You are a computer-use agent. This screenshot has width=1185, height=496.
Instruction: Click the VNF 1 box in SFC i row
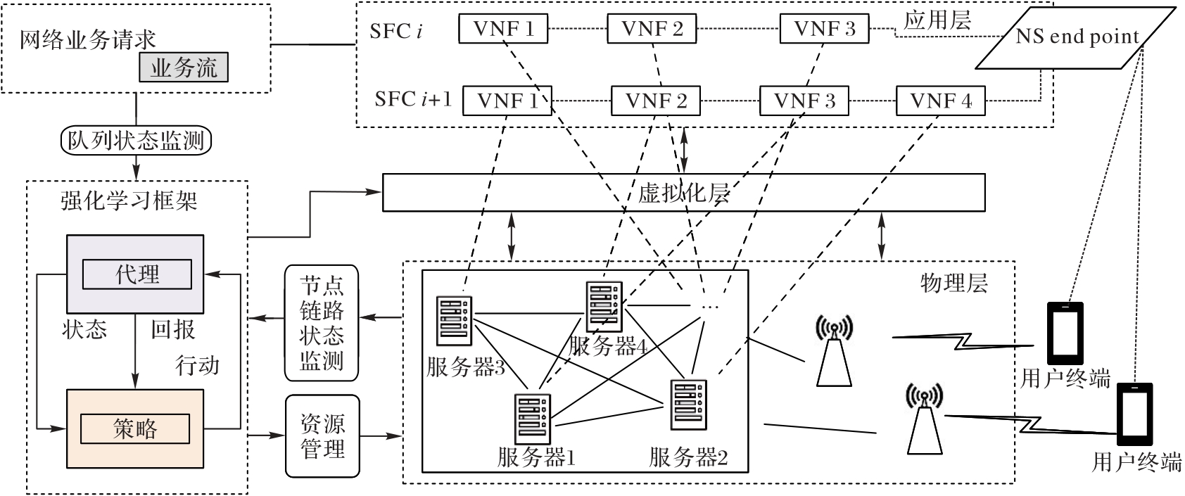coord(503,30)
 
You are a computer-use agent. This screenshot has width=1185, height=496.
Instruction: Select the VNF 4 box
coord(940,101)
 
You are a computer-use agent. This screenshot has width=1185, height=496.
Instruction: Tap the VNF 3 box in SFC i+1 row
coord(804,101)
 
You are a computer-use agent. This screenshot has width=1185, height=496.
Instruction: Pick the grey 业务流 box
coord(183,68)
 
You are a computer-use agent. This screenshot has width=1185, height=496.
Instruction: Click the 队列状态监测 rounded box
coord(136,141)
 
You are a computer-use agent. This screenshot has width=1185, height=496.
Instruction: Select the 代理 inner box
coord(137,274)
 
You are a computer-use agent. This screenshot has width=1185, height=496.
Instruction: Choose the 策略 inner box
coord(135,428)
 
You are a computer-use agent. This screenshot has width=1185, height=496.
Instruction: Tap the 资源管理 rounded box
coord(322,435)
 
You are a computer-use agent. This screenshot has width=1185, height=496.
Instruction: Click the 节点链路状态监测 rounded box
coord(322,323)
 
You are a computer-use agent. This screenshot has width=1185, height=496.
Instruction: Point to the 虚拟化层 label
coord(683,193)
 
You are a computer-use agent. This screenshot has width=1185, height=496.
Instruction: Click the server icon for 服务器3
coord(455,321)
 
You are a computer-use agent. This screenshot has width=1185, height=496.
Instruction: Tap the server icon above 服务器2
coord(689,404)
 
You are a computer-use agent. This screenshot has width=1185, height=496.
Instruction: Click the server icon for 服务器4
coord(604,306)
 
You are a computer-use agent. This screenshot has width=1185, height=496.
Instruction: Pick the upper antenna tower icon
coord(835,352)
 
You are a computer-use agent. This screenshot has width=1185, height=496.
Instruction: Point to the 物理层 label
coord(953,283)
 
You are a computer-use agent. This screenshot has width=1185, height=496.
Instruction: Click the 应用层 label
coord(937,20)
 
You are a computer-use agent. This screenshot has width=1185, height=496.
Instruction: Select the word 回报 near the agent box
coord(172,329)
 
